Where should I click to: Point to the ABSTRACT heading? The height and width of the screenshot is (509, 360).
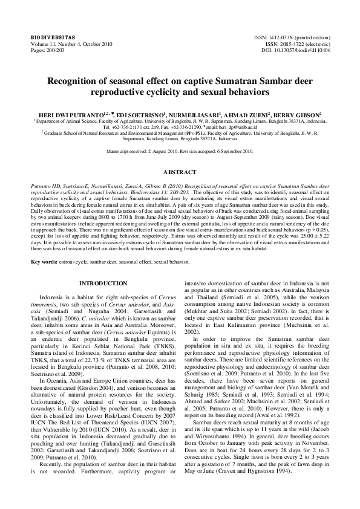180,172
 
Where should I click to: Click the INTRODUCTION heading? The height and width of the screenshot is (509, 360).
103,284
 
